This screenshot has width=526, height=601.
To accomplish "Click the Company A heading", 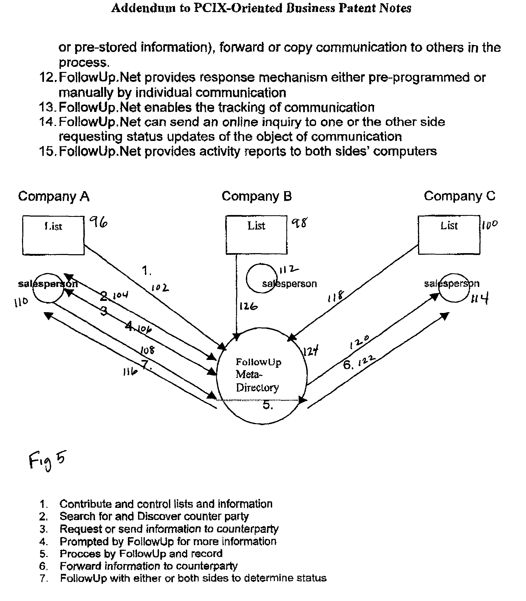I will (54, 196).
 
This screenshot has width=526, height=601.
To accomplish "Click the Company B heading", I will (257, 196).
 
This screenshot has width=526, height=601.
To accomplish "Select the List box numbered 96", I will (53, 235).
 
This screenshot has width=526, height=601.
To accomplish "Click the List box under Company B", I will (256, 235).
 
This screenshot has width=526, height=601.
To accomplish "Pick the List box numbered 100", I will (449, 235).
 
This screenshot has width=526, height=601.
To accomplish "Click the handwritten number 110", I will (21, 302).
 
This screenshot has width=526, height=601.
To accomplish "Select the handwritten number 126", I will (248, 307).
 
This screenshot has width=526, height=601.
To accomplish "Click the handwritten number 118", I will (335, 297).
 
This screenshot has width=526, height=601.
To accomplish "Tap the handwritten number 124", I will (310, 351).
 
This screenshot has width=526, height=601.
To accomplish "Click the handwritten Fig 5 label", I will (47, 460).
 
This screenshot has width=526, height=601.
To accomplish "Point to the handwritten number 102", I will (160, 288).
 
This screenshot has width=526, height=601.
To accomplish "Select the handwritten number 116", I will (130, 372).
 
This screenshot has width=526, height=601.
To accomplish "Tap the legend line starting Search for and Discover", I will (154, 516).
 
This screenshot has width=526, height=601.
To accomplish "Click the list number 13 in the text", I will (47, 107).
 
